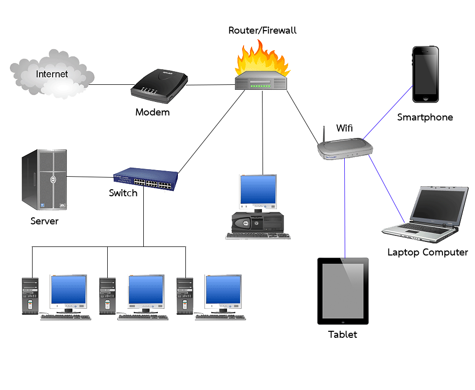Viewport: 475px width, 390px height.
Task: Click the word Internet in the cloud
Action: point(52,74)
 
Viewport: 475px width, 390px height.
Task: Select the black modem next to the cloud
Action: point(159,86)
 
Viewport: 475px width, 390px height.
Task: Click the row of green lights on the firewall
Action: point(262,86)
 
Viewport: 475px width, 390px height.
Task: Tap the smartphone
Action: point(425,74)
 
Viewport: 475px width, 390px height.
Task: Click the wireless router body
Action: point(346,149)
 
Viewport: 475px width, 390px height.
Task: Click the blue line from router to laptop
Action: point(387,189)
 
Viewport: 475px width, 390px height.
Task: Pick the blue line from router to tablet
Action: point(345,211)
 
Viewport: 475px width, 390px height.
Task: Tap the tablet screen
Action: point(343,291)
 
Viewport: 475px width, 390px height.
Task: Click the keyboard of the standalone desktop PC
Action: point(258,235)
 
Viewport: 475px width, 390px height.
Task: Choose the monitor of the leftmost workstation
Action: point(69,291)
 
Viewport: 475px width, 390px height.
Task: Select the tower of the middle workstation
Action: point(108,296)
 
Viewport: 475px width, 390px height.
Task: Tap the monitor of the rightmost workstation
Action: point(223,291)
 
